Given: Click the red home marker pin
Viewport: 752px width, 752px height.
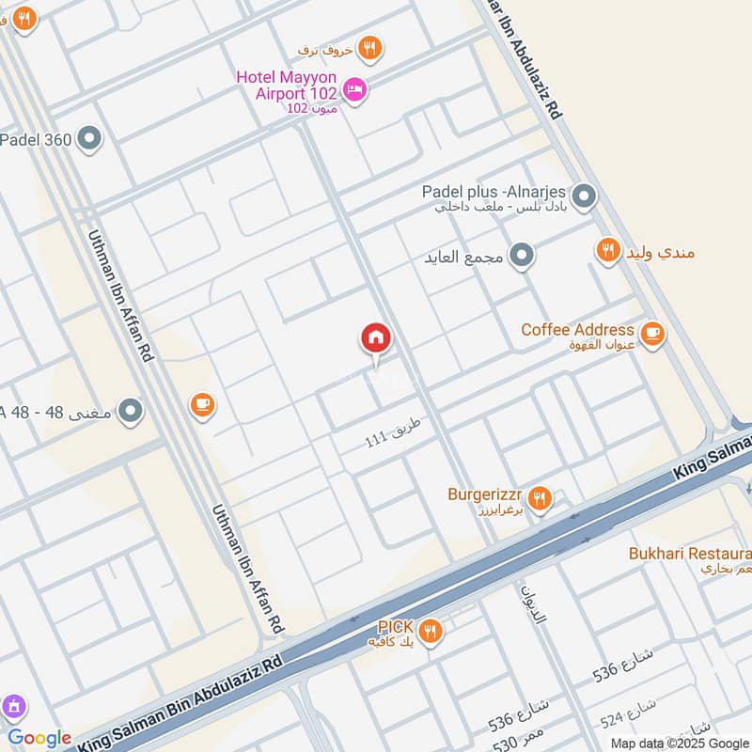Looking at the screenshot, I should (376, 338).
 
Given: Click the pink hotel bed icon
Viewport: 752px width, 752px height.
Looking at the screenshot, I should (355, 90).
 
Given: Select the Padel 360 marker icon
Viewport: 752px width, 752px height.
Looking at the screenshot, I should (90, 140).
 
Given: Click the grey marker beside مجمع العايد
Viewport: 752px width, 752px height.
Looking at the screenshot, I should (522, 255).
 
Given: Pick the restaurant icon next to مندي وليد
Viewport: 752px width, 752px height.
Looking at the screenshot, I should (608, 251).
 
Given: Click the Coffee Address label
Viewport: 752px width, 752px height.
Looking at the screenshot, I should (577, 330).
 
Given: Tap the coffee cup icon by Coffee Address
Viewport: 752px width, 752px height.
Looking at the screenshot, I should (651, 333).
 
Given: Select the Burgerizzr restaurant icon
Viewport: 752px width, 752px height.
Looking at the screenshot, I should (539, 497).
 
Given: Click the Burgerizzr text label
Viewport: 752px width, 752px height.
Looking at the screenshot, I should (483, 493).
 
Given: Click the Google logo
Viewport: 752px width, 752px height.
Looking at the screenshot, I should (39, 738).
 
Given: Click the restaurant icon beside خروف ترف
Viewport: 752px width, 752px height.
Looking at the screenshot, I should (370, 47).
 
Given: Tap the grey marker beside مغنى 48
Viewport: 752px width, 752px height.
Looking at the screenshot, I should (131, 411).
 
